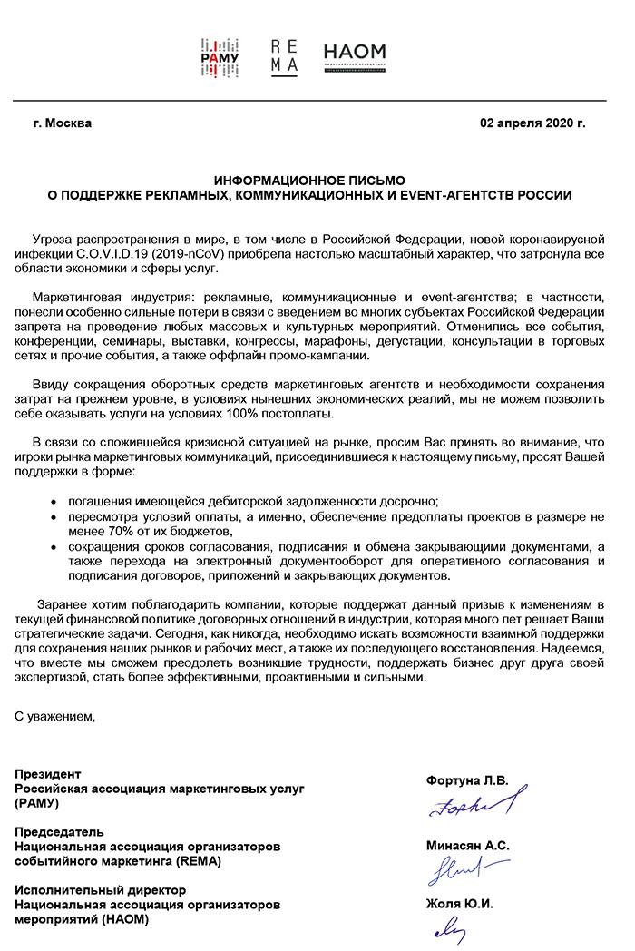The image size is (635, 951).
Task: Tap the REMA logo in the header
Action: point(284,57)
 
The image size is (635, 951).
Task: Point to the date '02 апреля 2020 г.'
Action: point(532,123)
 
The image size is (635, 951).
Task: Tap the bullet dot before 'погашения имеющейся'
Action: point(59,501)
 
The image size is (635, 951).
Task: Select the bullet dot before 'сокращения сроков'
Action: point(59,547)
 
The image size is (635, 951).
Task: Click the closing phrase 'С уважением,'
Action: point(54,717)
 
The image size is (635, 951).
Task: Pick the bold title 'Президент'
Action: point(48,774)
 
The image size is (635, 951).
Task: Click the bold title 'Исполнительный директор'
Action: point(101,890)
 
